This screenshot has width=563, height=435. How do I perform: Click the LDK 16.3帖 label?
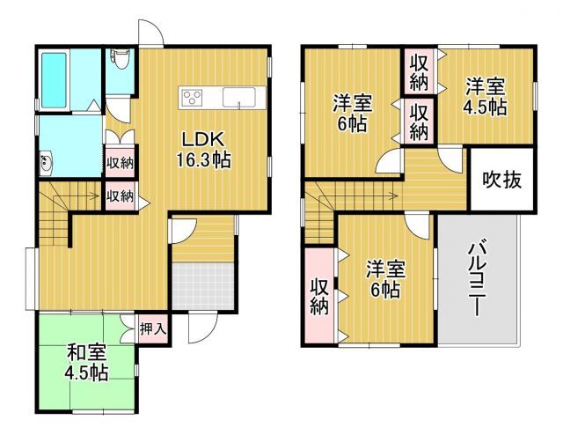click(x=207, y=150)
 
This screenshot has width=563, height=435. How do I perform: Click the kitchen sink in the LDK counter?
click(x=238, y=97)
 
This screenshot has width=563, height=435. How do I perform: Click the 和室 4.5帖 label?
click(x=87, y=362)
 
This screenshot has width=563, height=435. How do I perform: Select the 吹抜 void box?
click(x=502, y=180)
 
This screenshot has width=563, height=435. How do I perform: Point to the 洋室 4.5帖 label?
click(x=485, y=97)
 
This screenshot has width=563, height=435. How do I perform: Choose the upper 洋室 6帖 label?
click(x=351, y=113)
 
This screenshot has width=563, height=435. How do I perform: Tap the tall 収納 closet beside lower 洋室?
click(x=318, y=297)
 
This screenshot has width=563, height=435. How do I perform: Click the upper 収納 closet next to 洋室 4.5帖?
click(x=419, y=70)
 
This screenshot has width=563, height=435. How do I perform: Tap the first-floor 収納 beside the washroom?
click(x=121, y=162)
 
